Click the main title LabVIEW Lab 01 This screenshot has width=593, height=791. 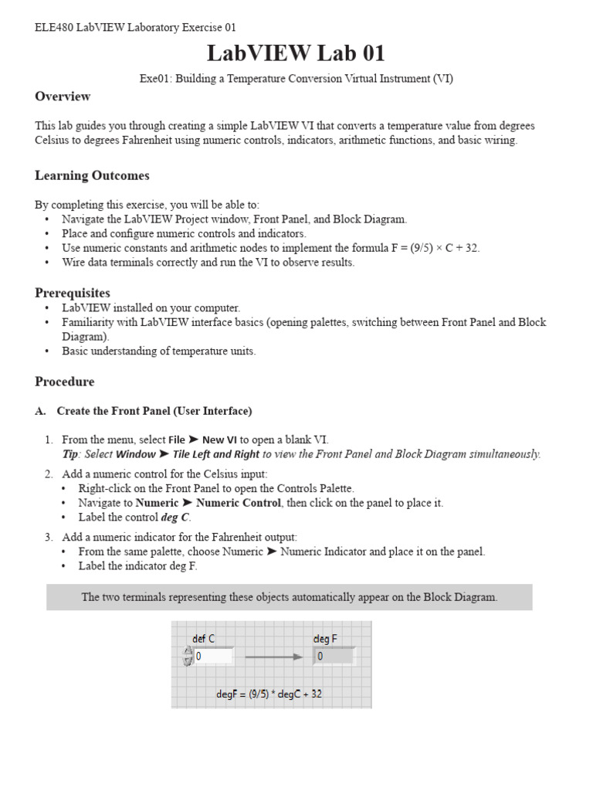tap(296, 53)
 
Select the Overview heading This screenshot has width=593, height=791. tap(63, 97)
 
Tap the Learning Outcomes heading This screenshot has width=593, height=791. tap(92, 175)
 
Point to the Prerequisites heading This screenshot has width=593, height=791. tap(73, 293)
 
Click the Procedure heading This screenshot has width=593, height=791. tap(65, 382)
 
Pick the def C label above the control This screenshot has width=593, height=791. tap(203, 638)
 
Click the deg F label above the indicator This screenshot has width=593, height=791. tap(324, 638)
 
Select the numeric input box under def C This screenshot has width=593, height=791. tap(212, 657)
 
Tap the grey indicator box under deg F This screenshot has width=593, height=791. tap(334, 657)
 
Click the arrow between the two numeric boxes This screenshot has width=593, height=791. tap(273, 657)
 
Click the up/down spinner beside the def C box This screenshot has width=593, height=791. tap(188, 657)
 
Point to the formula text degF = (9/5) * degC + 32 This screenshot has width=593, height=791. tap(269, 694)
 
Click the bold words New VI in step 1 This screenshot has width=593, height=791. tap(220, 440)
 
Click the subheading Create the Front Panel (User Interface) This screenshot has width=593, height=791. tap(154, 411)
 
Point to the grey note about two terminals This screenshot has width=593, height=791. tap(290, 597)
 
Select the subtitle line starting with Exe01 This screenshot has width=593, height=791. tap(296, 78)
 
